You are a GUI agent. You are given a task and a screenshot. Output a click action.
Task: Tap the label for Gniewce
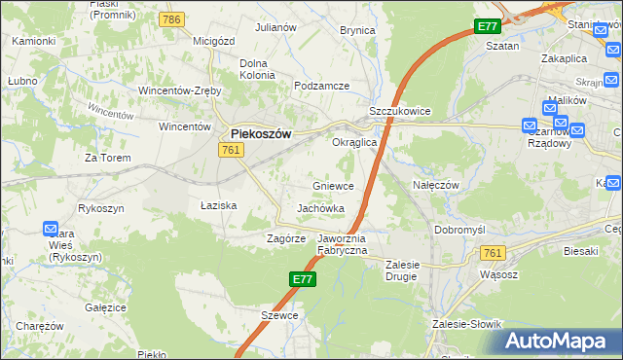click(x=332, y=185)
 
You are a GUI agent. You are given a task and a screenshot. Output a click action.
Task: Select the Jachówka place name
click(x=321, y=208)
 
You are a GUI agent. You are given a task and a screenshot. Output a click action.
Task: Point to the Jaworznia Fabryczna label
click(x=343, y=244)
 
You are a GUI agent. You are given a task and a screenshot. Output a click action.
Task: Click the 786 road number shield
click(x=173, y=19)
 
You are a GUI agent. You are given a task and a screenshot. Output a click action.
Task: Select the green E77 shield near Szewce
click(x=302, y=279)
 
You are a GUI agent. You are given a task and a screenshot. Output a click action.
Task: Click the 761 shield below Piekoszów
click(x=231, y=149)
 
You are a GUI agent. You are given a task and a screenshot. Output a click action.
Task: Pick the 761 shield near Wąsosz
click(x=493, y=253)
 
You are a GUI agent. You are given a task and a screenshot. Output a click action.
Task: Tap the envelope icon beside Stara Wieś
click(x=52, y=229)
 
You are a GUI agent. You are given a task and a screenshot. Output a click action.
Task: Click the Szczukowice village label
click(x=399, y=112)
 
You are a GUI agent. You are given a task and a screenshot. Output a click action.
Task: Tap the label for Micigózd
click(x=216, y=41)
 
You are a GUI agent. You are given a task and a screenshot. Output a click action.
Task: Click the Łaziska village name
click(x=218, y=205)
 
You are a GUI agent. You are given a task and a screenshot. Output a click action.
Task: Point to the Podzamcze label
click(x=321, y=86)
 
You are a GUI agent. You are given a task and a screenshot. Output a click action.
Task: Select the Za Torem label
click(x=107, y=157)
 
